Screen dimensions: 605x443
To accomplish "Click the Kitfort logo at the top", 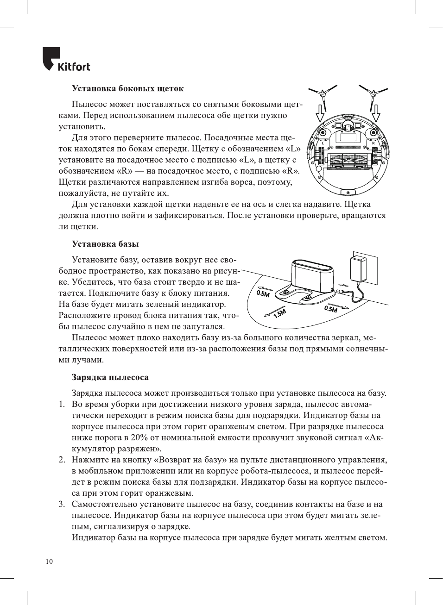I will tap(66, 60).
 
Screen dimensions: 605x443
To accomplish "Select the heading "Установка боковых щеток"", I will tap(127, 88).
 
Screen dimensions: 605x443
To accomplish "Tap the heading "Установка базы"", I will tap(105, 244).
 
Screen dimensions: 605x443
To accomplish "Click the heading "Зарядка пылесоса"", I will tap(110, 377).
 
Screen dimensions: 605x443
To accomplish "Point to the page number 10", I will tap(49, 561).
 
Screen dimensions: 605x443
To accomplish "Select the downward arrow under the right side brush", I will tap(376, 112).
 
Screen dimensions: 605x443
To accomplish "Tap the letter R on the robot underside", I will tap(373, 143).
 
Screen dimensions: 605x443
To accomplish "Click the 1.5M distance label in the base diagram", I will tap(280, 313).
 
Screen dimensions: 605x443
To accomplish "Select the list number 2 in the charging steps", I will tap(62, 460).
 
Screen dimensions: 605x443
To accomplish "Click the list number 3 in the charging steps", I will tap(62, 504).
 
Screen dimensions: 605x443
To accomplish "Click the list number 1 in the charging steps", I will tap(62, 404).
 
